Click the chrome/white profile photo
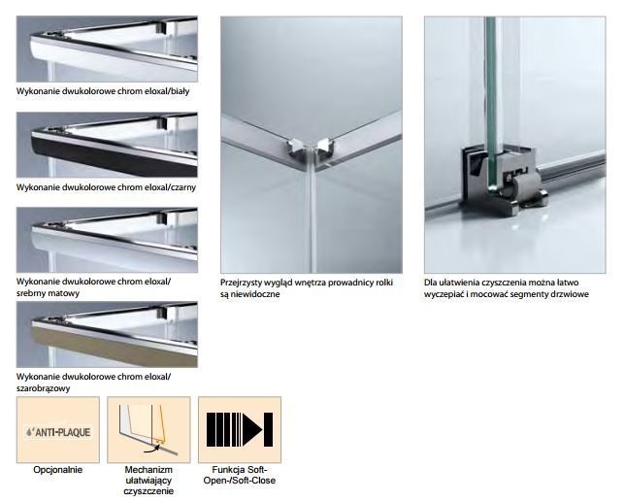[107, 50]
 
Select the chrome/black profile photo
[107, 144]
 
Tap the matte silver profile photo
[107, 239]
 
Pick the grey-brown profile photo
[107, 333]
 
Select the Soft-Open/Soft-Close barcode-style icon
[239, 429]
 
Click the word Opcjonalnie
[58, 470]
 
